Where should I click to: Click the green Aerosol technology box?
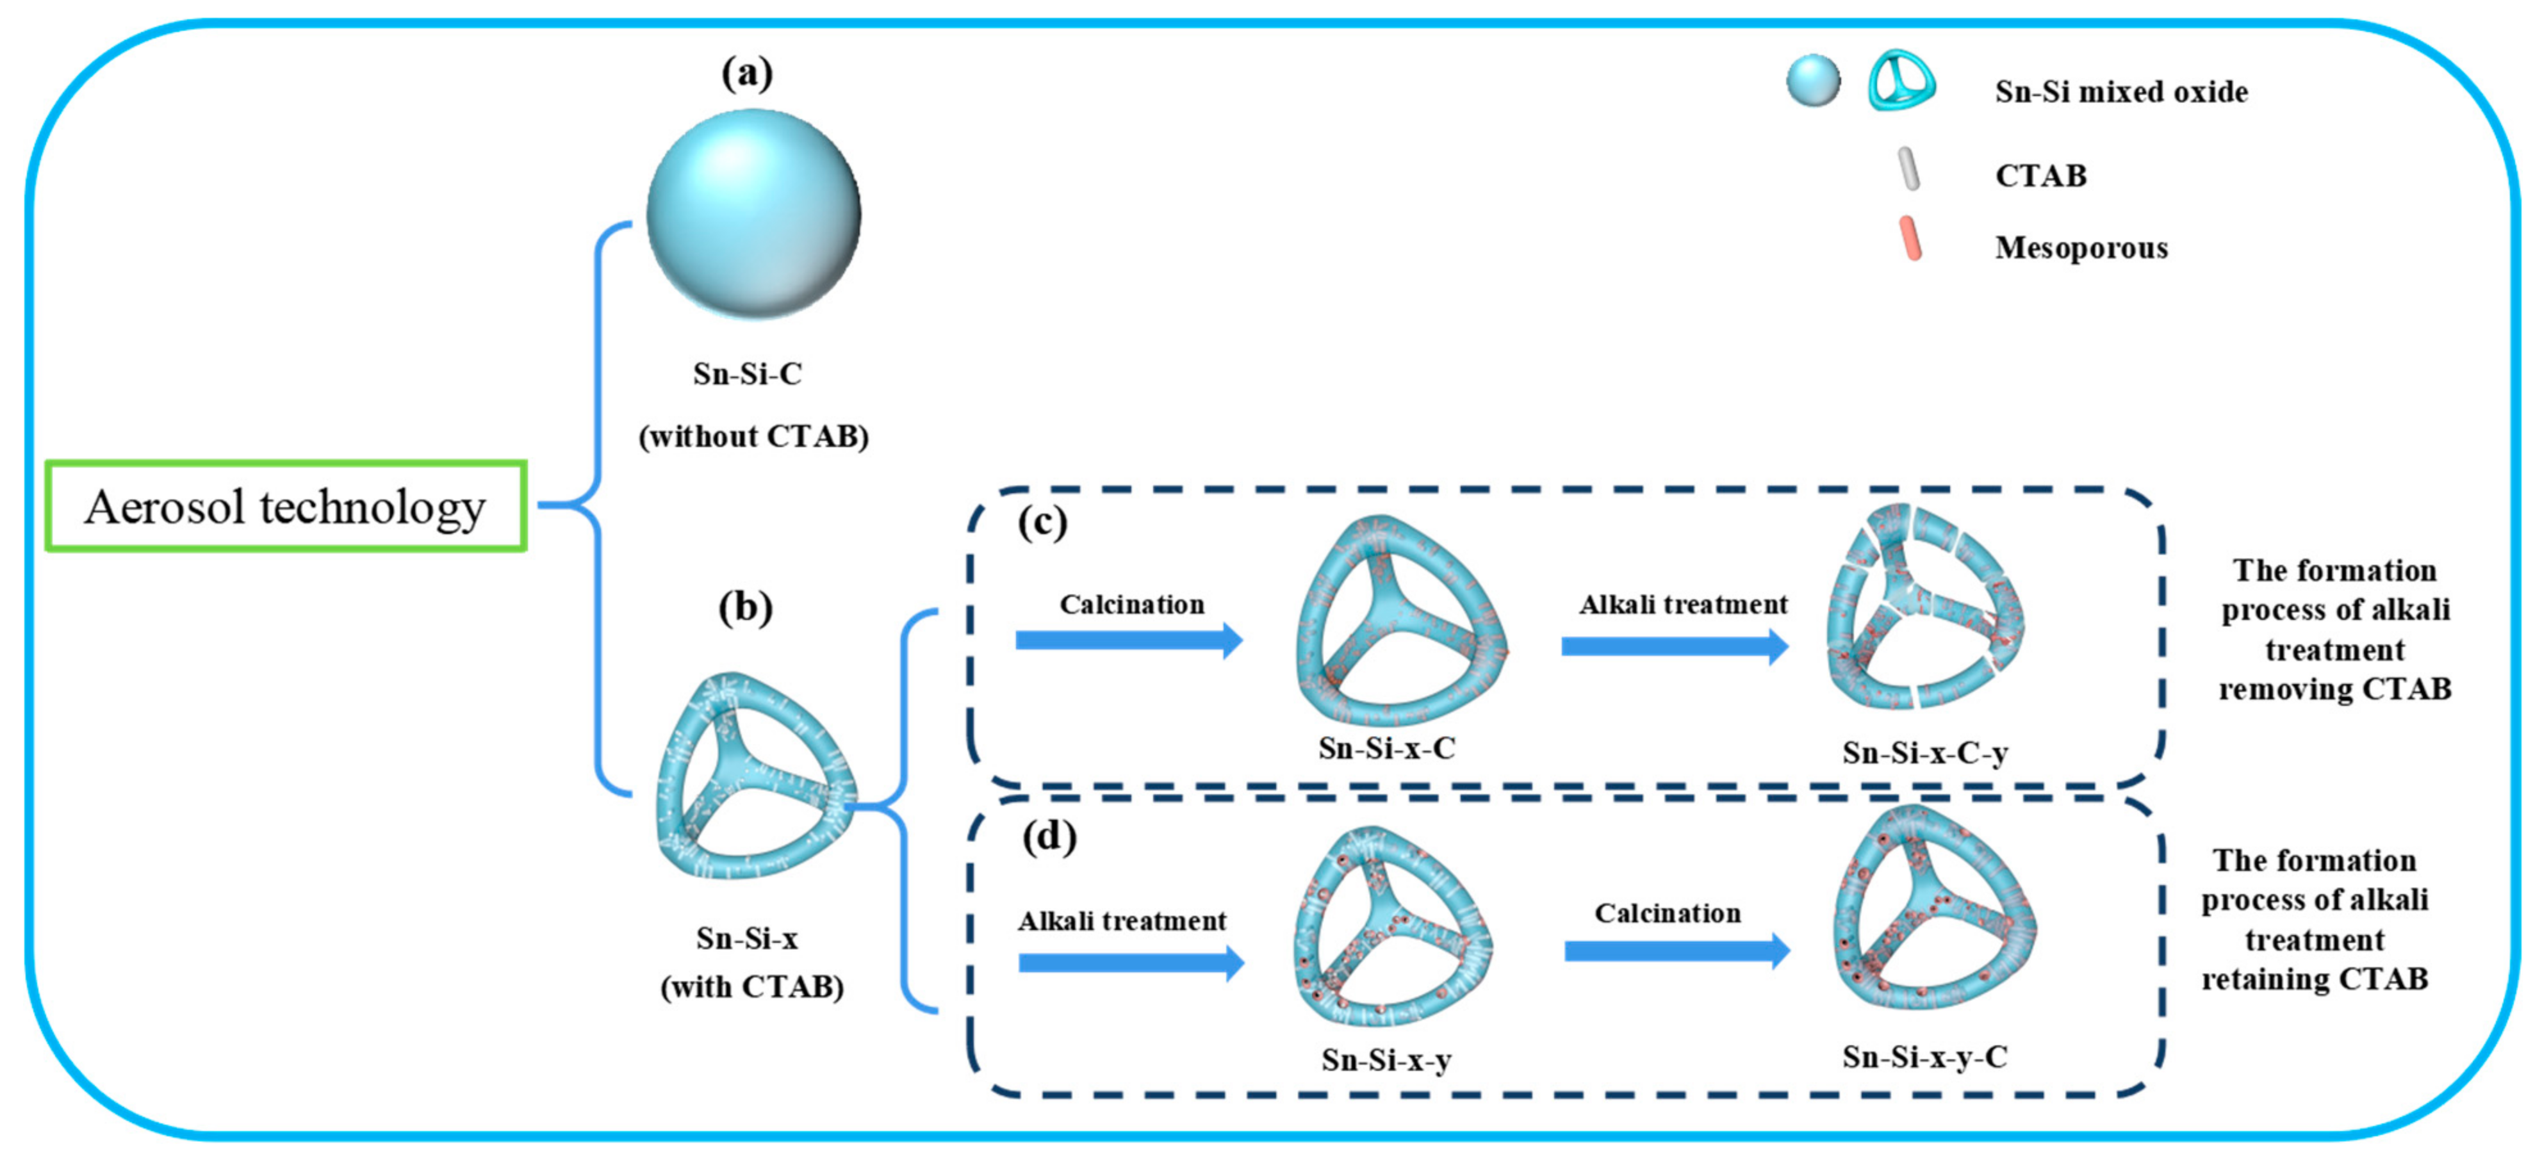285,506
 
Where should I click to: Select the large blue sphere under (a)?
753,214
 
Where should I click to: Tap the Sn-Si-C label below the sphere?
747,374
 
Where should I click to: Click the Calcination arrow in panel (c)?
1129,640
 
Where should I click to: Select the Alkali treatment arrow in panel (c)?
1675,647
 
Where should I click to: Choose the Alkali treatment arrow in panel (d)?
1131,963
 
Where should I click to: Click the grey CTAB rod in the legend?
1908,170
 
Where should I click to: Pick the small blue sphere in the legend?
1813,81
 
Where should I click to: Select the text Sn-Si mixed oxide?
2120,92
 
